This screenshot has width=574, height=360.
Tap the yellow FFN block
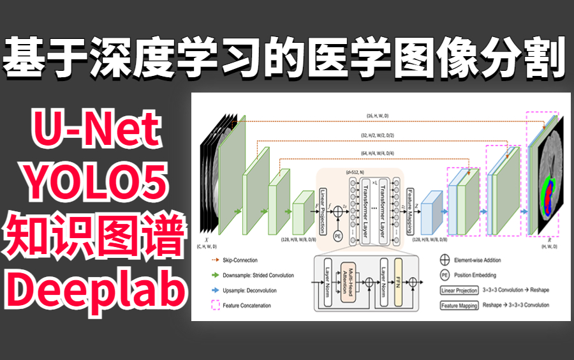401,281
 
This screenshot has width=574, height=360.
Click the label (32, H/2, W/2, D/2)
378,135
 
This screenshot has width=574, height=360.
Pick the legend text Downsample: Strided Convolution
258,276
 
